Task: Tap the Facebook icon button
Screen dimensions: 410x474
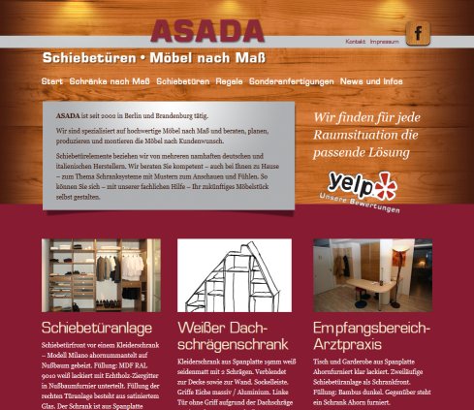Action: (x=418, y=33)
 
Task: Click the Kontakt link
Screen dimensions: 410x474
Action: (x=355, y=42)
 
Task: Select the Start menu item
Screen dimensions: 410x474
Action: (x=52, y=81)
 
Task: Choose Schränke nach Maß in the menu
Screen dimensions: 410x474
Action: (x=110, y=81)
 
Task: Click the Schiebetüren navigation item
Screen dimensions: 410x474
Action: (x=183, y=81)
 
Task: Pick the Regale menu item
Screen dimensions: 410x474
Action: (x=231, y=81)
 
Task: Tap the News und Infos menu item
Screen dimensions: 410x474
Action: (x=371, y=81)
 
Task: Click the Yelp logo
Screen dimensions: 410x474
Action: (x=361, y=182)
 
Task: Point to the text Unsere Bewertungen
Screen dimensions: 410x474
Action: (x=359, y=206)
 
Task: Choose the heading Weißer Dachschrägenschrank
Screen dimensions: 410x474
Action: (x=234, y=335)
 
